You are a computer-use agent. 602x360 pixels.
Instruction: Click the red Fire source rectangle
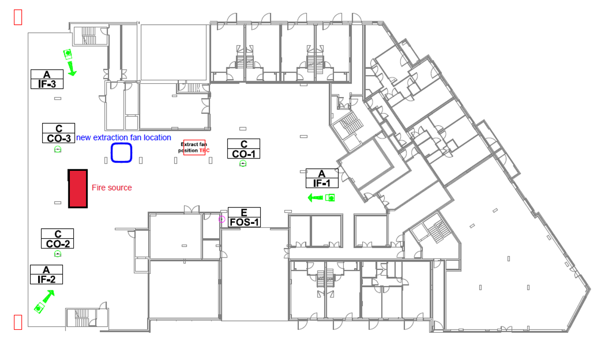(x=78, y=189)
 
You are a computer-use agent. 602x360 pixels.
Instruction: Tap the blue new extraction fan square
(x=112, y=153)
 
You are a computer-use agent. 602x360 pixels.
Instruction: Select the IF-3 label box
(x=47, y=79)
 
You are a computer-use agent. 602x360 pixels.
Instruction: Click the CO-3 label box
(x=58, y=133)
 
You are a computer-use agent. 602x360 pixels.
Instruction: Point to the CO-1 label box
(x=244, y=149)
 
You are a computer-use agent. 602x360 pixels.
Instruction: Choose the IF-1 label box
(x=322, y=178)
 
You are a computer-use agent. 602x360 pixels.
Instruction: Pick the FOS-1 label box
(x=244, y=217)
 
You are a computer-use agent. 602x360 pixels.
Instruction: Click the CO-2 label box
(x=57, y=239)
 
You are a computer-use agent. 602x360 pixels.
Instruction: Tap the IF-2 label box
(x=47, y=274)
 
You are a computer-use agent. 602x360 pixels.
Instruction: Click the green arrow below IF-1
(x=315, y=198)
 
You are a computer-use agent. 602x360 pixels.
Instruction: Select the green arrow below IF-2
(x=49, y=296)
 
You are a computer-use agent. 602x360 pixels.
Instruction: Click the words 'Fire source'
(x=112, y=188)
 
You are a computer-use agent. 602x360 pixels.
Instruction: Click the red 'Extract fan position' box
(x=183, y=148)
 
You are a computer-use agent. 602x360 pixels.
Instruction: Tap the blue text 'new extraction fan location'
(x=124, y=138)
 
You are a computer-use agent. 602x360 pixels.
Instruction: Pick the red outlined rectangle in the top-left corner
(x=14, y=17)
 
